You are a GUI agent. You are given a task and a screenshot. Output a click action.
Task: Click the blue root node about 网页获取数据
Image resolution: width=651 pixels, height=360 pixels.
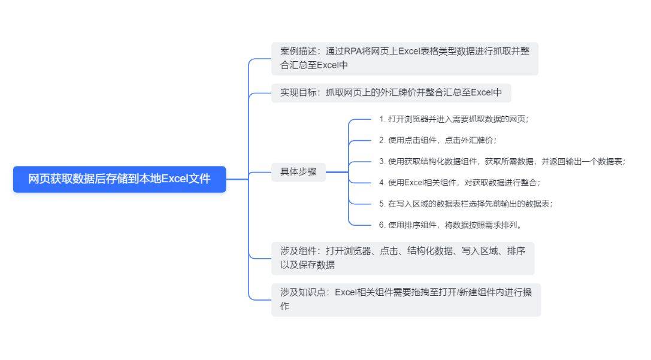120,179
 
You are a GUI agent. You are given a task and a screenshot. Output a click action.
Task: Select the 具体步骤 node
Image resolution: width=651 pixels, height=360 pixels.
298,171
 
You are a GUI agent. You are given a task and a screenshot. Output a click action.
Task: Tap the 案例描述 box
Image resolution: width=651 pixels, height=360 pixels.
405,59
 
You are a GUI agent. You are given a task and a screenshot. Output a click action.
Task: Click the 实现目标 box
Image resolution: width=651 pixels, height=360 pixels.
391,93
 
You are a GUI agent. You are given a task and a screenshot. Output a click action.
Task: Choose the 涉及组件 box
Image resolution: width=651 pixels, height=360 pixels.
402,258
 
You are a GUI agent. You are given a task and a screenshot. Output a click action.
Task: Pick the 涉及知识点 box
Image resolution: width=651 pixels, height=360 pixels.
406,300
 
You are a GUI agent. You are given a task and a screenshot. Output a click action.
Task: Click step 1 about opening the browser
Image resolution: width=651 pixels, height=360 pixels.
454,119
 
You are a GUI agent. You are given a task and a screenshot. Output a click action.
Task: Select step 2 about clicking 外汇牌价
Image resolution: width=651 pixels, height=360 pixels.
438,140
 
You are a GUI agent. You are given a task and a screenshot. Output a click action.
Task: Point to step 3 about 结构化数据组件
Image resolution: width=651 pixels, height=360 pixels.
502,162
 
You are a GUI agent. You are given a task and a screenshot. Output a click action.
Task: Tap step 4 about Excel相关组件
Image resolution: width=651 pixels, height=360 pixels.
459,183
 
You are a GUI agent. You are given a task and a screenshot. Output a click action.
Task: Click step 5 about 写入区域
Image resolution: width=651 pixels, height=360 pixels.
465,204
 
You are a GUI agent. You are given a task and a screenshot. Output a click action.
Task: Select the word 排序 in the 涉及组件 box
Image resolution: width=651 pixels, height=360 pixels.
516,251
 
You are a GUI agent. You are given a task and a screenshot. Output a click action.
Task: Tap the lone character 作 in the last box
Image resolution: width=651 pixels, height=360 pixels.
285,307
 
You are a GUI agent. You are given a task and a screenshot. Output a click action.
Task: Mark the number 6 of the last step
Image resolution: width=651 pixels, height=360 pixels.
381,225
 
